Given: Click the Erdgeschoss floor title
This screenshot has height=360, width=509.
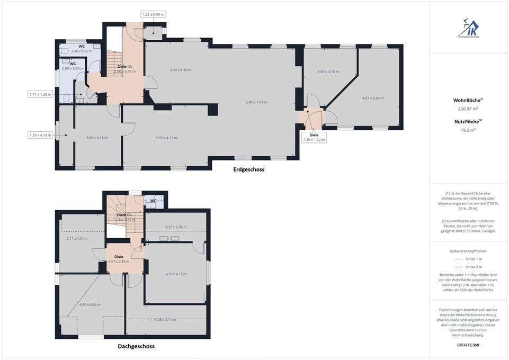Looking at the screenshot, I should (x=248, y=170).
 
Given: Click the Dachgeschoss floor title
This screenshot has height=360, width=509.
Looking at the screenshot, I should (x=136, y=347).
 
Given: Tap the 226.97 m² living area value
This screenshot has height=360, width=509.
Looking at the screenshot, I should (x=468, y=109).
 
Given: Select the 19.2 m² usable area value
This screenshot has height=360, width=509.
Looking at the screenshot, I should (x=468, y=130).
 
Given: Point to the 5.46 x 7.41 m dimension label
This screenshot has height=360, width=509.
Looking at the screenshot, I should (x=256, y=102).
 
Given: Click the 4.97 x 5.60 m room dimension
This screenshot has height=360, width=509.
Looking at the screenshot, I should (x=373, y=98).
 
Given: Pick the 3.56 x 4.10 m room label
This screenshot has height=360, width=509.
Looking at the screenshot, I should (x=328, y=71).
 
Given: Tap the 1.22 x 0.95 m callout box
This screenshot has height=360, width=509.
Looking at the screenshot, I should (x=154, y=15).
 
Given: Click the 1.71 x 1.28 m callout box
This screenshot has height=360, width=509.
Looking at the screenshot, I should (x=40, y=94).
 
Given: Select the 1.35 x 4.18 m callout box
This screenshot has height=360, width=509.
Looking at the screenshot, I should (x=40, y=135).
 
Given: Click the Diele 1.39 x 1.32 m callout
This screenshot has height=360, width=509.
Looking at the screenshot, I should (x=314, y=137).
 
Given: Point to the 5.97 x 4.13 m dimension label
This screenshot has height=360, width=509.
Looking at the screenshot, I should (x=166, y=138).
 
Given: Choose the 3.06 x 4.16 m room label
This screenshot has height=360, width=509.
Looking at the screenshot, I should (x=97, y=138).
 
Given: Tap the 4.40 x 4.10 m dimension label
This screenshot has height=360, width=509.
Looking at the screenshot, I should (x=181, y=70).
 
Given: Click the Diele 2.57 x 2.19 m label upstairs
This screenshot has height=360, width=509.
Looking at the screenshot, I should (x=119, y=259).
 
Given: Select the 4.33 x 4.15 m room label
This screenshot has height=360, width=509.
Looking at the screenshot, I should (x=176, y=274).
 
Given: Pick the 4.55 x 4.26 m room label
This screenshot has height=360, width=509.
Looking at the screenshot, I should (x=90, y=304).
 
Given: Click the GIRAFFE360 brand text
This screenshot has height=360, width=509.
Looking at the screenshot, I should (x=468, y=345).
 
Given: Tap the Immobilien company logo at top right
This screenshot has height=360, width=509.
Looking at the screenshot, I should (x=468, y=28).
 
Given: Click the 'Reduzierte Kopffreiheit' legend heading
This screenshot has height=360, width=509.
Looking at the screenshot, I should (x=468, y=251).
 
